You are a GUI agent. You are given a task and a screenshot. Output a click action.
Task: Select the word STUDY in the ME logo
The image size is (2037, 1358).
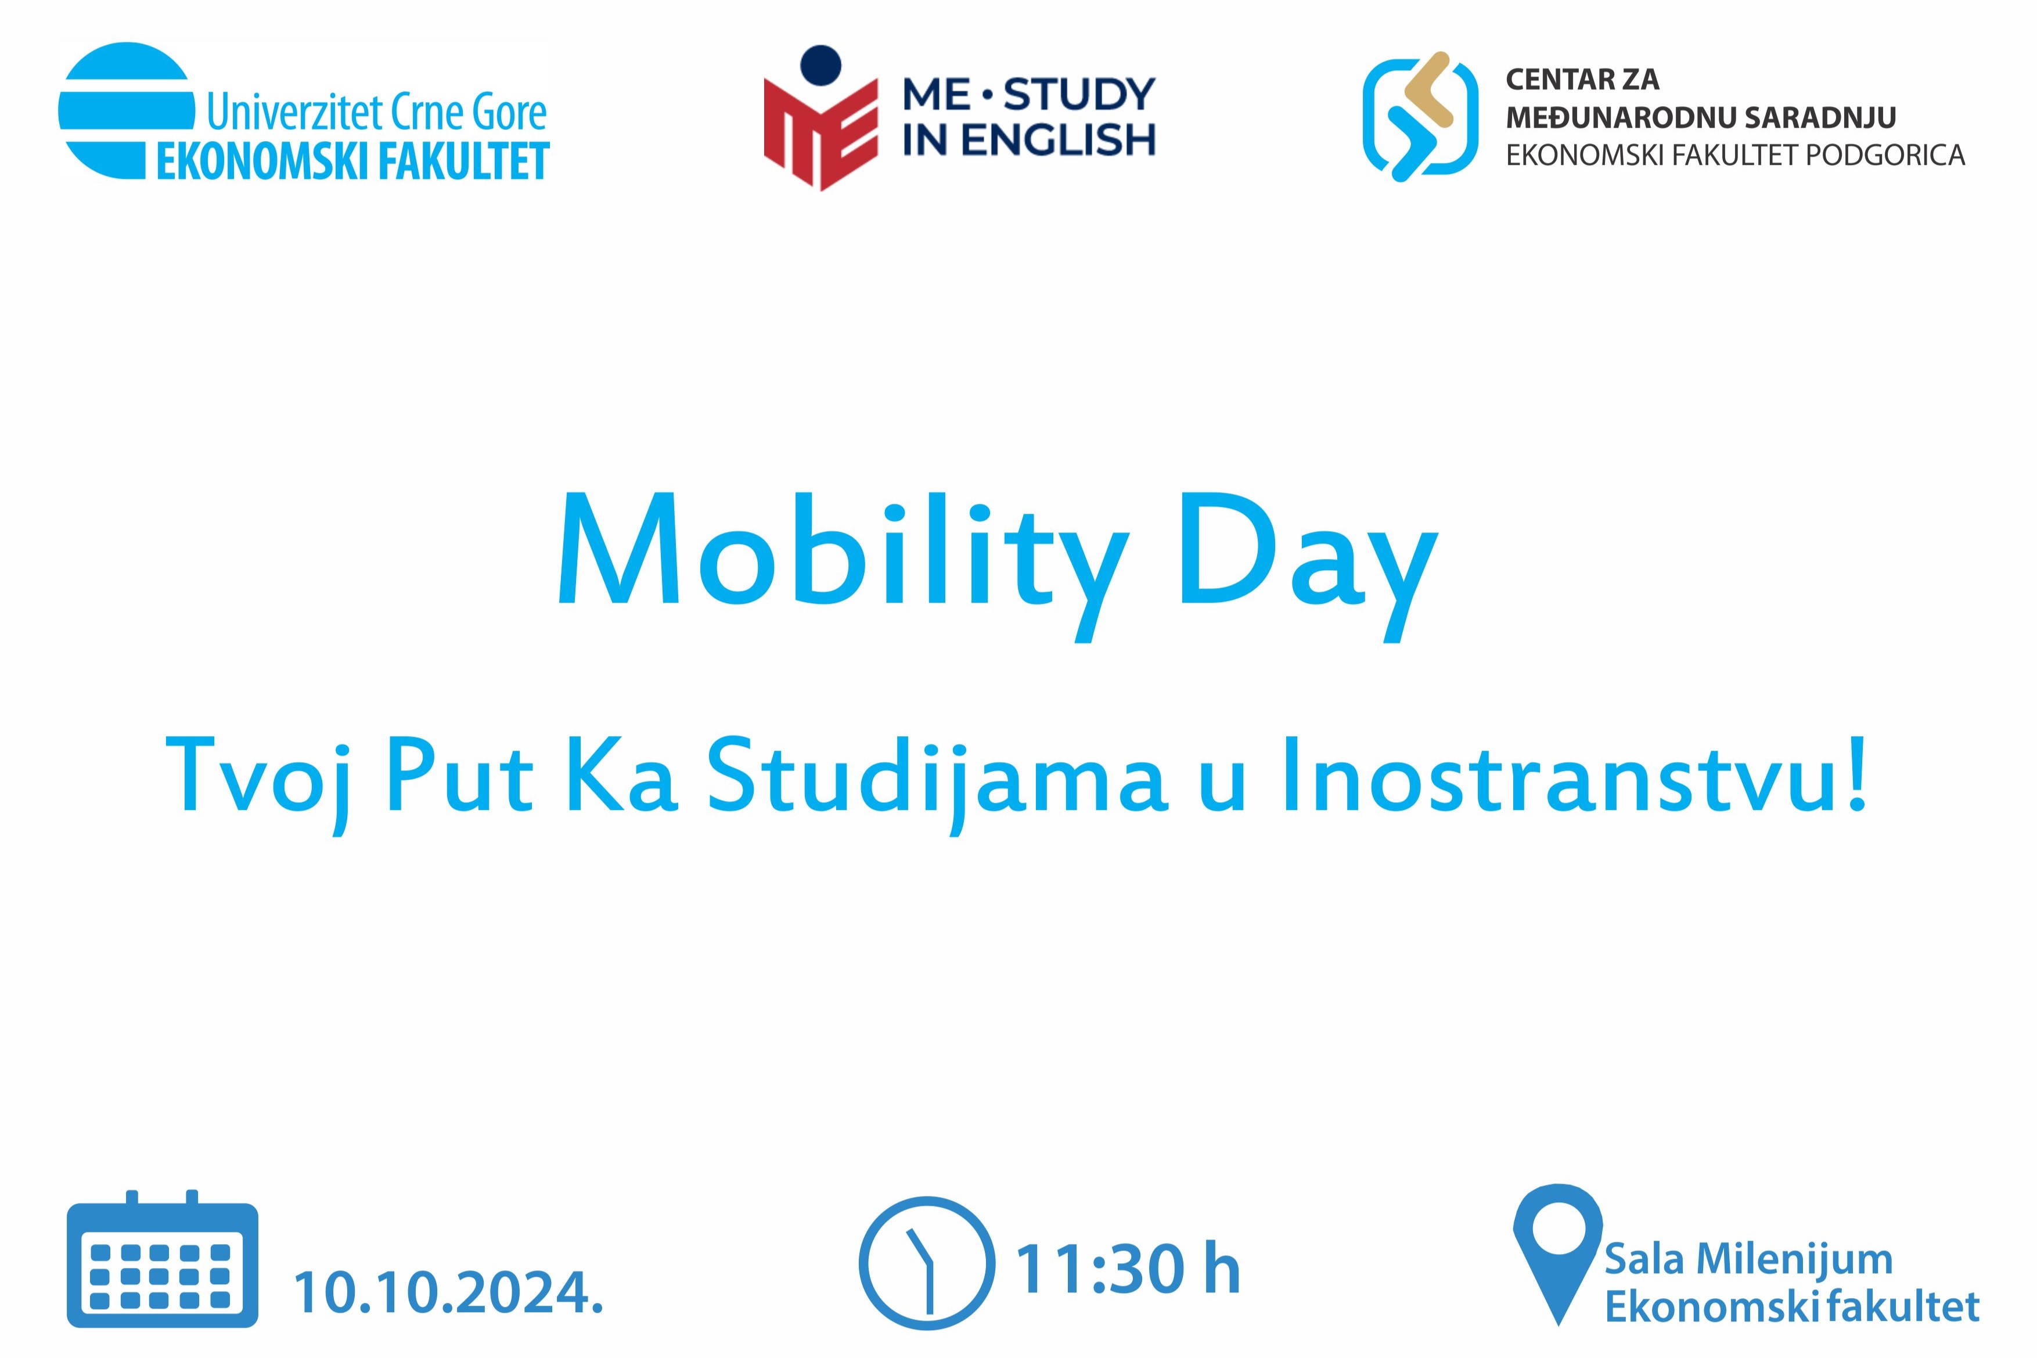1078,95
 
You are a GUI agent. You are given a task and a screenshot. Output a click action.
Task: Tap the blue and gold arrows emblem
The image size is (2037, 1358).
1420,116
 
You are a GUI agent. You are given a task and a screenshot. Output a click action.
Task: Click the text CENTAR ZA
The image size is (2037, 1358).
1582,80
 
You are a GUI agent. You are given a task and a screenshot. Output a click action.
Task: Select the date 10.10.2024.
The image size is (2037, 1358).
448,1293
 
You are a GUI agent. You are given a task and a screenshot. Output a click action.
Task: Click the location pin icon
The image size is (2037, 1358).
1557,1254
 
